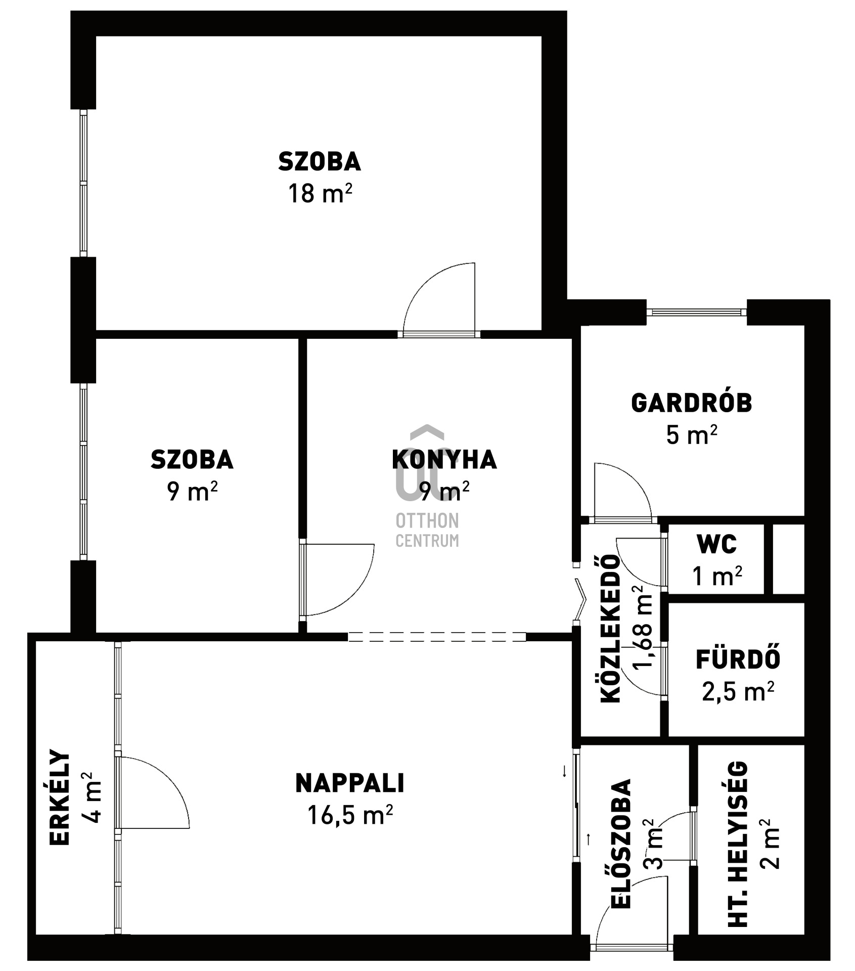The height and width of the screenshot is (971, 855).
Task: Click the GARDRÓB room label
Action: (691, 403)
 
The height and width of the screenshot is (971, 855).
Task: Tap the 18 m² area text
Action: (320, 193)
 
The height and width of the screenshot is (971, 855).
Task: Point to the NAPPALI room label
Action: (350, 783)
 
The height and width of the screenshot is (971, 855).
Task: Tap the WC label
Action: (716, 544)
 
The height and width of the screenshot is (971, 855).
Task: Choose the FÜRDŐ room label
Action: (738, 659)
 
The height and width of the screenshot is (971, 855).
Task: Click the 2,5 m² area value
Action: (738, 691)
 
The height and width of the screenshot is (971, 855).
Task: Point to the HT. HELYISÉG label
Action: (738, 844)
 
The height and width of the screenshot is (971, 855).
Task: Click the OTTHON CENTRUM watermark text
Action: (427, 530)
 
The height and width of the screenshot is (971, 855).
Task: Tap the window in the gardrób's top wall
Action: (696, 312)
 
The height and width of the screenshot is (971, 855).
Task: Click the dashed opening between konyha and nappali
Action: (437, 637)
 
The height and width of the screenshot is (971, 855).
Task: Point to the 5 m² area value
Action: (691, 434)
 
